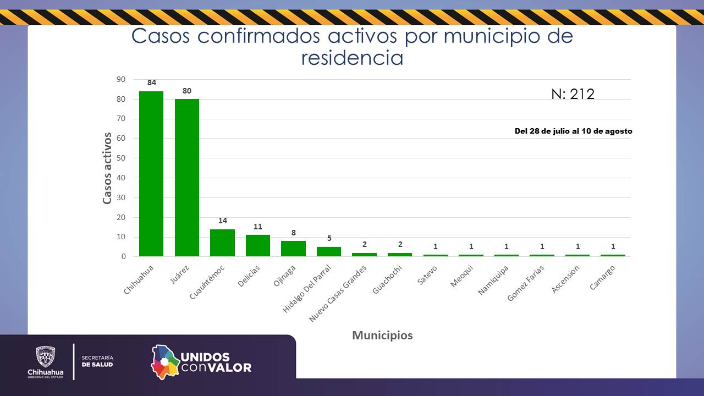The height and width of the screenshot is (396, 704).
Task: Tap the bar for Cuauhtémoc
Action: click(x=222, y=243)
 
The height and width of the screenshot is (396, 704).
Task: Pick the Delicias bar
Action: click(x=258, y=245)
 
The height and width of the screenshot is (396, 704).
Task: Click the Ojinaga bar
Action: click(x=293, y=249)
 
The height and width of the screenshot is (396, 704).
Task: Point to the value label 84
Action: click(x=151, y=82)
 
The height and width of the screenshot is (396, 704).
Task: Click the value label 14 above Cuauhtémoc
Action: click(x=222, y=221)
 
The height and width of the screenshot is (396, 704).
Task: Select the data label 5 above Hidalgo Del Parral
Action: click(x=329, y=238)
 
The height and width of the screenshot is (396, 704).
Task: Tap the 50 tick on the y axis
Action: click(x=120, y=158)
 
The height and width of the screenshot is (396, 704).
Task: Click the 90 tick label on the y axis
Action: click(x=120, y=79)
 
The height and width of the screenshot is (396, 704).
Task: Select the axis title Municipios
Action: click(x=382, y=335)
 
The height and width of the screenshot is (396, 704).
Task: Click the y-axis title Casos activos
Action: click(x=107, y=168)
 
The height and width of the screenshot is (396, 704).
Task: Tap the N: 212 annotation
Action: click(x=573, y=94)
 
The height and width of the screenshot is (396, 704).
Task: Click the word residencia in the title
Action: click(x=352, y=58)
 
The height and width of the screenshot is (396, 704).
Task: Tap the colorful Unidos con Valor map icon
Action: click(x=166, y=361)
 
